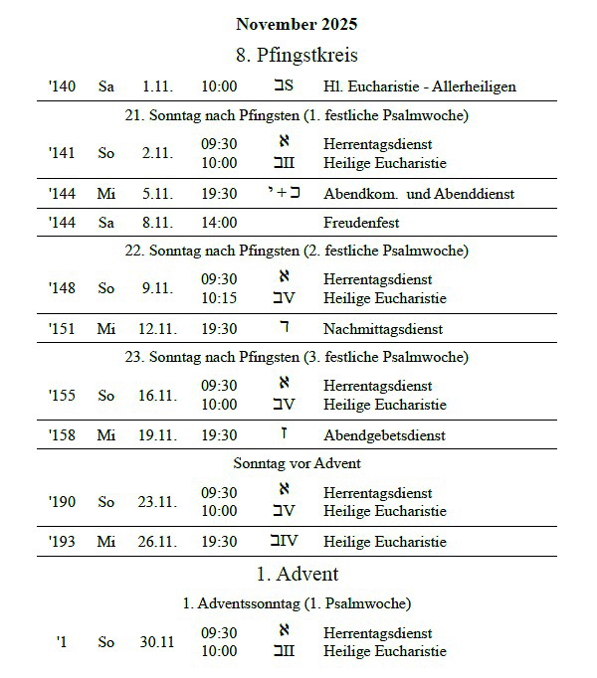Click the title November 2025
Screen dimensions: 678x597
tap(297, 24)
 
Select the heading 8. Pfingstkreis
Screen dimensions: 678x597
tap(297, 54)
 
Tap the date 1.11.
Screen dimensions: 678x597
tap(157, 86)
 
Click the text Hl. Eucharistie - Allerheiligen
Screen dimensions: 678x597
tap(419, 86)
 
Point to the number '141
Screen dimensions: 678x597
tap(62, 153)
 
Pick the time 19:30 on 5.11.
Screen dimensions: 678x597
tap(219, 194)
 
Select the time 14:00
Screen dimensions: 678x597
tap(219, 223)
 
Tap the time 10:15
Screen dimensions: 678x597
tap(219, 298)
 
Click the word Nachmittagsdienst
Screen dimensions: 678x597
tap(383, 329)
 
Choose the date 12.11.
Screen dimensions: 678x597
tap(157, 329)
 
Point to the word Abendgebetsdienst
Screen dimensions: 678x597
tap(383, 435)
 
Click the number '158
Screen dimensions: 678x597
tap(62, 435)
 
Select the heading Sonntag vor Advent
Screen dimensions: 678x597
tap(297, 463)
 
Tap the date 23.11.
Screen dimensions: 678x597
tap(157, 502)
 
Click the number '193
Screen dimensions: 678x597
tap(62, 542)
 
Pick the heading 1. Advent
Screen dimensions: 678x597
tap(297, 574)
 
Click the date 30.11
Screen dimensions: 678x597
tap(157, 642)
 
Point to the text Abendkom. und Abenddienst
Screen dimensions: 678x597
tap(419, 194)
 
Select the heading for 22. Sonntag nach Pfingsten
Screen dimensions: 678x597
tap(297, 251)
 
